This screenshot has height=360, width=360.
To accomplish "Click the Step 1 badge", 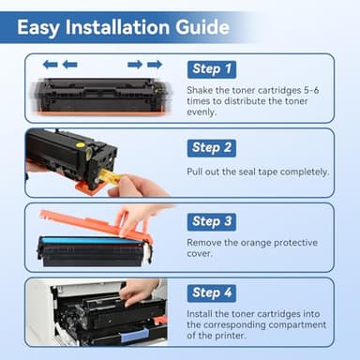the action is point(212,69).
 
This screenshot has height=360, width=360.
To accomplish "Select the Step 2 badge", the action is point(212,148).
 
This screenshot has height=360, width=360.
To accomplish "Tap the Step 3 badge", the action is point(212,222).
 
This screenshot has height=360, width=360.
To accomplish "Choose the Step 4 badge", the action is point(212,293).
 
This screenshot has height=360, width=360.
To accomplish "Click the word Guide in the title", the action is point(202,27).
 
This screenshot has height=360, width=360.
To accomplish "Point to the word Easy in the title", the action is point(38,28).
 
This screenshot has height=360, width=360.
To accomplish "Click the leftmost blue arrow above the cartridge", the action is point(51,65).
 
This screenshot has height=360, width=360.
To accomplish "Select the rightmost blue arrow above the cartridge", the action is point(155,65).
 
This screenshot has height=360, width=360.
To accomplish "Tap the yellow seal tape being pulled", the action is point(109,176).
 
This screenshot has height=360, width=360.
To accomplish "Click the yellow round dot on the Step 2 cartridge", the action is point(81,144).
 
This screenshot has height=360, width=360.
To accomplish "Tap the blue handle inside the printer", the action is point(134,335).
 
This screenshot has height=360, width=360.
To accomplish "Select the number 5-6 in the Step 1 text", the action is point(311,90).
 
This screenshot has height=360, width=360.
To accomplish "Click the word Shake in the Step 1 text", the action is point(200,90).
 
